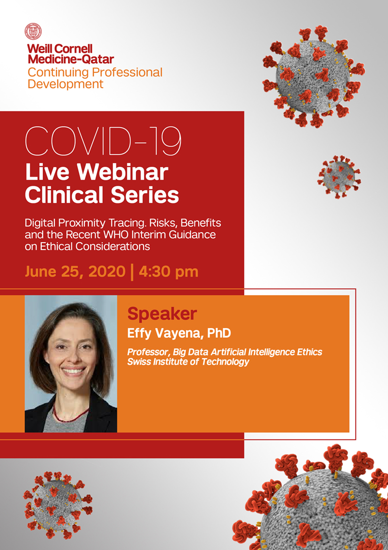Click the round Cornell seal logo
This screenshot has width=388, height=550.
pyautogui.click(x=33, y=32)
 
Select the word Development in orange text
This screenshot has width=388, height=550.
pyautogui.click(x=65, y=84)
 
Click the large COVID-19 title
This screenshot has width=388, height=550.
pyautogui.click(x=103, y=141)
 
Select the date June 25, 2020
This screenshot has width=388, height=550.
pyautogui.click(x=75, y=272)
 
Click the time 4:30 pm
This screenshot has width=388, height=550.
pyautogui.click(x=169, y=272)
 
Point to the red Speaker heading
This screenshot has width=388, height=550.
pyautogui.click(x=162, y=314)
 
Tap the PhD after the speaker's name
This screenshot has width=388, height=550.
pyautogui.click(x=219, y=333)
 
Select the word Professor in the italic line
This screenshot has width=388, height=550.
pyautogui.click(x=148, y=352)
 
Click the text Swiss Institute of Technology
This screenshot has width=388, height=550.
pyautogui.click(x=188, y=362)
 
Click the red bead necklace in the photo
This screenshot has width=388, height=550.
pyautogui.click(x=70, y=413)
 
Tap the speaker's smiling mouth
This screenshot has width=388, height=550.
pyautogui.click(x=74, y=371)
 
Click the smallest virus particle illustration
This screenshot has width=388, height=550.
pyautogui.click(x=339, y=176)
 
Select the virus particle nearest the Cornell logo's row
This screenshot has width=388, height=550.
pyautogui.click(x=314, y=76)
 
